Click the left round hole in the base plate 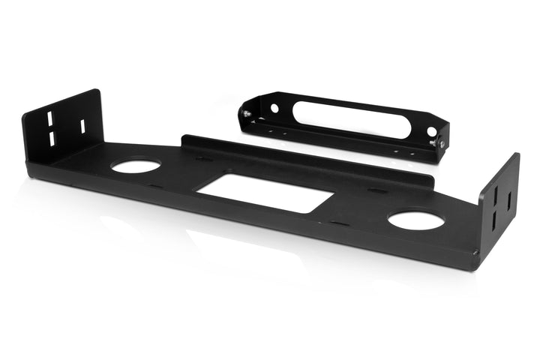click(136, 166)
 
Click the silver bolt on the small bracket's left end click(245, 113)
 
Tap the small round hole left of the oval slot click(274, 108)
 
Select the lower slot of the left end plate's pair click(52, 139)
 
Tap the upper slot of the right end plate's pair click(495, 200)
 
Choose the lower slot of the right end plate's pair click(494, 223)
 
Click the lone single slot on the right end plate click(508, 201)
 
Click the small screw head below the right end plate click(475, 253)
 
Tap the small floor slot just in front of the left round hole click(155, 185)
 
